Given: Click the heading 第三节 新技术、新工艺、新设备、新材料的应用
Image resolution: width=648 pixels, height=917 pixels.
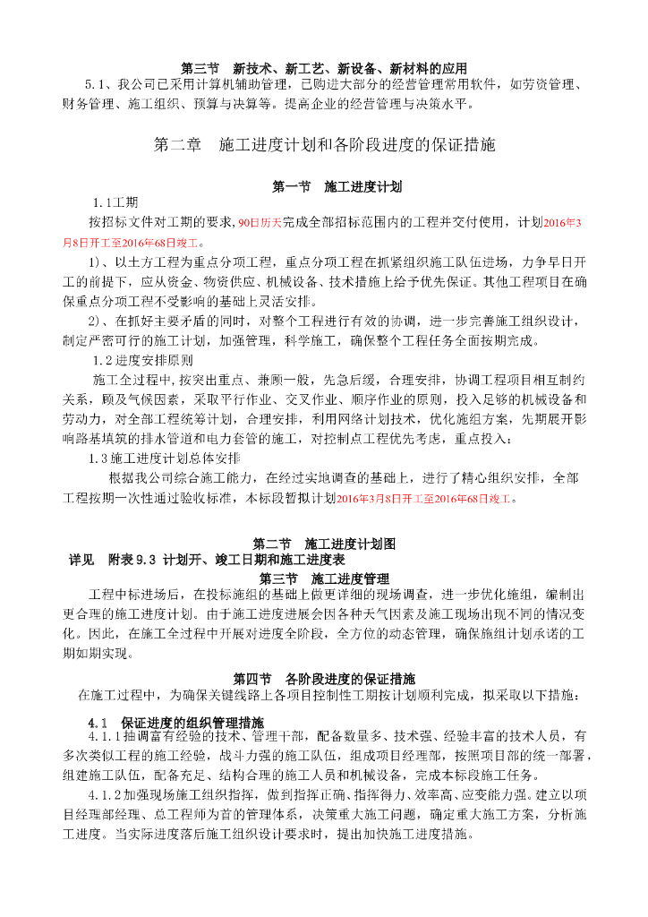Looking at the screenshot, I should click(x=324, y=68).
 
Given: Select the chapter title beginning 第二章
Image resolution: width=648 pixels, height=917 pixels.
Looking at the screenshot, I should click(x=324, y=144).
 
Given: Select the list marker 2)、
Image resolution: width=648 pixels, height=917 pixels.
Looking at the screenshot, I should click(x=99, y=321).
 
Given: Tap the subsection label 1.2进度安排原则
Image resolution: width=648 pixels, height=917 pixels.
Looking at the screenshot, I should click(x=142, y=360).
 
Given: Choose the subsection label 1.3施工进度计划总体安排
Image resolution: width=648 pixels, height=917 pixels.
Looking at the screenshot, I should click(x=165, y=458).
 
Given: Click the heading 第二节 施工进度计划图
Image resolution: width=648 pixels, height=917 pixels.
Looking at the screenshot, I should click(x=324, y=544).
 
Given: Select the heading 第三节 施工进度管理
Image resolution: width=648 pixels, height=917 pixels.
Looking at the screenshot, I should click(x=324, y=578).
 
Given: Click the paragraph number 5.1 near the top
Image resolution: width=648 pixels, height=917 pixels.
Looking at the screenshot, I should click(x=96, y=85).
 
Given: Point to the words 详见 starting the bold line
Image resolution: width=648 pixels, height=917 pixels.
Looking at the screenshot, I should click(x=81, y=559).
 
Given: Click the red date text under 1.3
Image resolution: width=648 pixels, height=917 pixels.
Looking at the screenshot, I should click(x=426, y=499).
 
